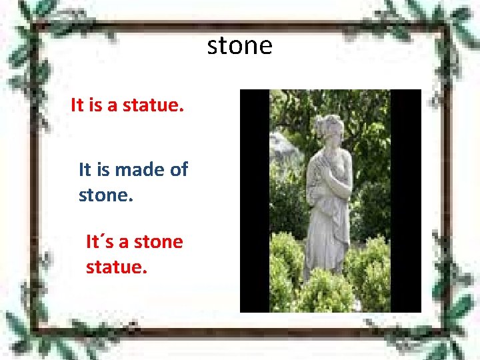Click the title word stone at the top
240,46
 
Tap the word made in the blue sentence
139,169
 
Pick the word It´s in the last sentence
100,241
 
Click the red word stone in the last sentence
159,241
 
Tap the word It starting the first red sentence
77,105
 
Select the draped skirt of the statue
327,233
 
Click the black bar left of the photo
254,200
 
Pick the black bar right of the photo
406,200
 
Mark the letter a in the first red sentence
114,105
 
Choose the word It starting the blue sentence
85,169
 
